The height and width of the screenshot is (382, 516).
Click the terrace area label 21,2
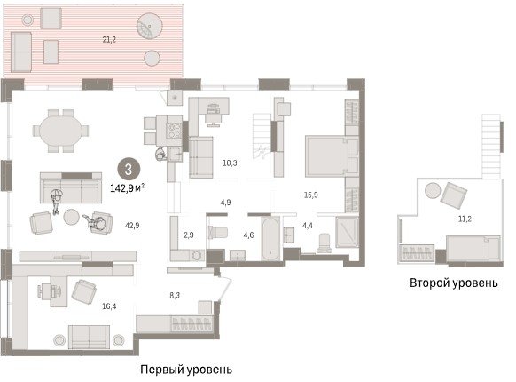[109, 40]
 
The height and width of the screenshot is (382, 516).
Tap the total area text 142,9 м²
[128, 188]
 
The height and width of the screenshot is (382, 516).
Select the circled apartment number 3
[129, 170]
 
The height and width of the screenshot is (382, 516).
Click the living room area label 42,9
[132, 226]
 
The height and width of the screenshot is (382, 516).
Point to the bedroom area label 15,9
[310, 195]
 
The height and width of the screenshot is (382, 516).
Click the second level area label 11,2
[465, 219]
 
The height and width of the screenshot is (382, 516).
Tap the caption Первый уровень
[186, 370]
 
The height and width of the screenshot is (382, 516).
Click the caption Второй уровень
[453, 283]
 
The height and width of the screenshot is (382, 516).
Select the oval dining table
[61, 131]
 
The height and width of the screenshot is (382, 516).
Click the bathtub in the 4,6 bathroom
[271, 238]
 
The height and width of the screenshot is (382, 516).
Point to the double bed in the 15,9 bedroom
[332, 156]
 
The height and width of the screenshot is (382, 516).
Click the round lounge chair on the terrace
[150, 27]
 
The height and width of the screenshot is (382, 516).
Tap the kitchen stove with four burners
[175, 131]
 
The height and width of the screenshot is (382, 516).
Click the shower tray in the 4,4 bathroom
[347, 232]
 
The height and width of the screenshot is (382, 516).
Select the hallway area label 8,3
[175, 295]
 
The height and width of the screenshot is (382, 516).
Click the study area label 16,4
[109, 306]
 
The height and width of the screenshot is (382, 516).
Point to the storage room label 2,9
[189, 235]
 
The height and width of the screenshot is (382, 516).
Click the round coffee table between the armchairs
[71, 217]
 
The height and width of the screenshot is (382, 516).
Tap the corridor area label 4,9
[225, 203]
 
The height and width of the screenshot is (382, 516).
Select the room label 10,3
[230, 163]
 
